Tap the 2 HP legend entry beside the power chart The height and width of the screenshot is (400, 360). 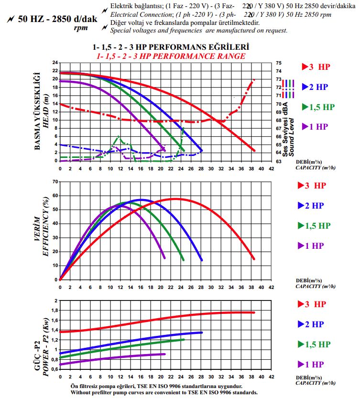314,324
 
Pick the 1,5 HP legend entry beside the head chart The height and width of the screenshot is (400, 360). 318,107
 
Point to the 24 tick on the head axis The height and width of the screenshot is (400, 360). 55,63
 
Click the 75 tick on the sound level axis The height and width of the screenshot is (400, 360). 279,63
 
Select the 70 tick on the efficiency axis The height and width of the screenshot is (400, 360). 55,182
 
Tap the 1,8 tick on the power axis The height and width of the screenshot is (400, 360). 54,311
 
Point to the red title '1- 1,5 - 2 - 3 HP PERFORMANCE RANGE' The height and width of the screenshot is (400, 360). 171,56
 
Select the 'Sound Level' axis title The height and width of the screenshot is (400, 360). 293,136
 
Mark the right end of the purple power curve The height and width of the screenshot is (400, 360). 165,354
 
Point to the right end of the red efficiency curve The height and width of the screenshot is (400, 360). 254,259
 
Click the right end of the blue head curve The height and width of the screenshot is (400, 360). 201,151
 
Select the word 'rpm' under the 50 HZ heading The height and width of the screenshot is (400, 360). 80,28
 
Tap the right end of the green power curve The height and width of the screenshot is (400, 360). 184,340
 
